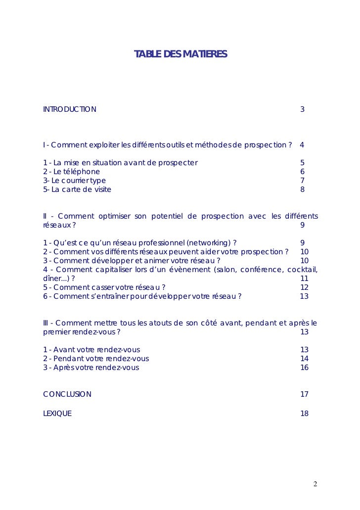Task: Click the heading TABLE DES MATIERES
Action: [180, 54]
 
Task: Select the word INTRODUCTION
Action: [70, 109]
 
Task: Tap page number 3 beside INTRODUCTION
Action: [302, 109]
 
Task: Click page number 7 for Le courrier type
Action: [302, 181]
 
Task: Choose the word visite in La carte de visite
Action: [101, 189]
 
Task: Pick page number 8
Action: [302, 189]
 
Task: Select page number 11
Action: [304, 278]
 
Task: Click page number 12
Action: [304, 287]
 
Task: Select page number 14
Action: [304, 359]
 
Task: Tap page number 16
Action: [304, 368]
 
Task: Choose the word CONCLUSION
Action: [67, 394]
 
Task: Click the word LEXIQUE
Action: [57, 413]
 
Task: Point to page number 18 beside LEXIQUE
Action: [304, 413]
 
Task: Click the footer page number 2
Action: [315, 483]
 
